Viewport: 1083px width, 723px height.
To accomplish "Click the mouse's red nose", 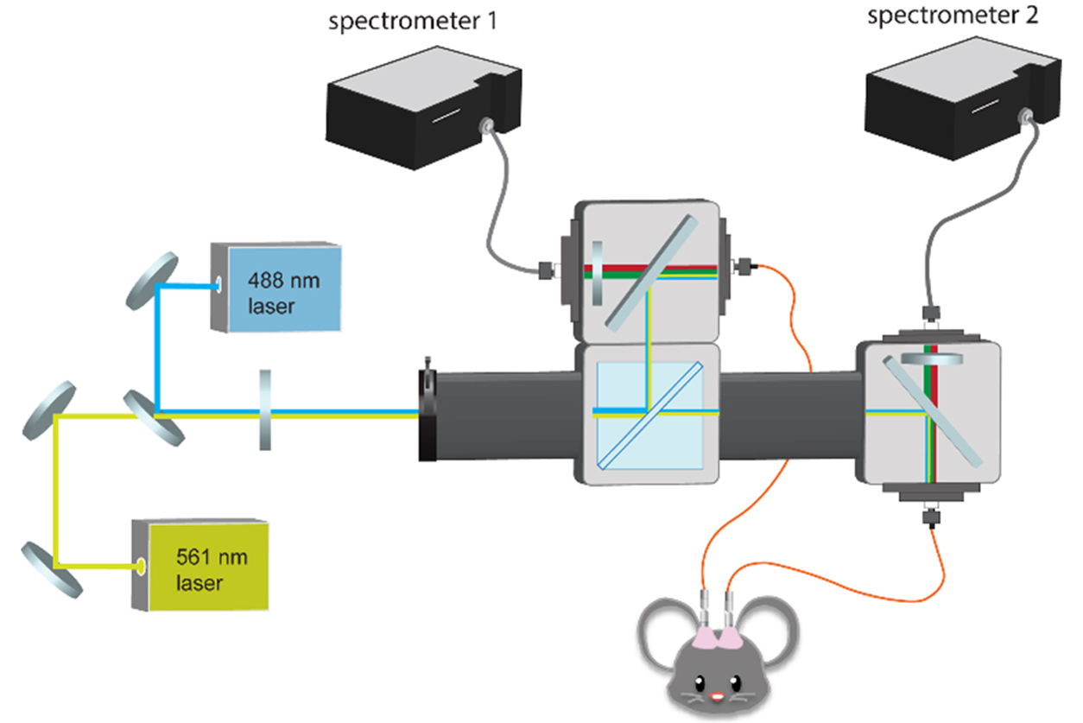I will (x=715, y=695).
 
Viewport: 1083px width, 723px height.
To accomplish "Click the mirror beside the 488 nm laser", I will (x=152, y=281).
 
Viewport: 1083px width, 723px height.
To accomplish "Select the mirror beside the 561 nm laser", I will (x=52, y=568).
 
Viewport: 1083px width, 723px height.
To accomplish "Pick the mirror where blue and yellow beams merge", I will (x=153, y=418).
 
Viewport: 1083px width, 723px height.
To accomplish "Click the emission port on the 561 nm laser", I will (x=141, y=567).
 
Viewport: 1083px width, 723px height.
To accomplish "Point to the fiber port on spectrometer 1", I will (x=491, y=126).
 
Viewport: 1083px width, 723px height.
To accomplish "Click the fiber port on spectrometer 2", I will (x=1027, y=114).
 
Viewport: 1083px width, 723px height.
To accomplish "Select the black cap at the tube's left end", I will (x=429, y=415).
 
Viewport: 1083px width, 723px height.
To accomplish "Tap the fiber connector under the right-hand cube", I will (x=930, y=518).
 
